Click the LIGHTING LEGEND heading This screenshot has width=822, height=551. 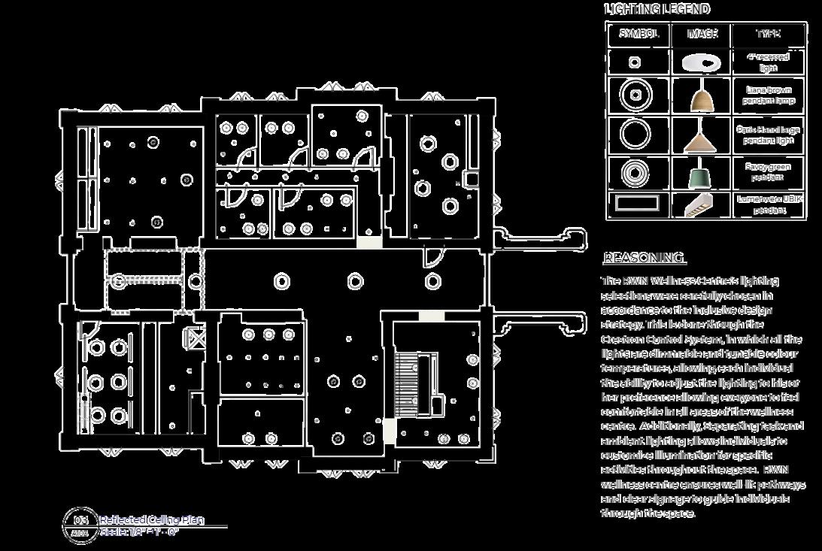[x=657, y=9]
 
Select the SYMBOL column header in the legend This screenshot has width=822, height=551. [x=638, y=34]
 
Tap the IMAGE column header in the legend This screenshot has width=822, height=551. [x=703, y=34]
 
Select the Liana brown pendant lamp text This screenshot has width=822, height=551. [x=769, y=95]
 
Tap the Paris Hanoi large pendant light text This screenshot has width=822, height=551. [x=769, y=135]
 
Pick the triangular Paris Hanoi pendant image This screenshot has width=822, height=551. [x=700, y=138]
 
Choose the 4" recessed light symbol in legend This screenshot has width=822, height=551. [x=635, y=62]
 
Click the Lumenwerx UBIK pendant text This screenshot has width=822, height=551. [x=769, y=204]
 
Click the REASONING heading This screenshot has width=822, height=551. [x=645, y=259]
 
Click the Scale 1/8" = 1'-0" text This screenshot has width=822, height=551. [x=139, y=532]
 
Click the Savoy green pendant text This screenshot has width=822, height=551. [x=769, y=172]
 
